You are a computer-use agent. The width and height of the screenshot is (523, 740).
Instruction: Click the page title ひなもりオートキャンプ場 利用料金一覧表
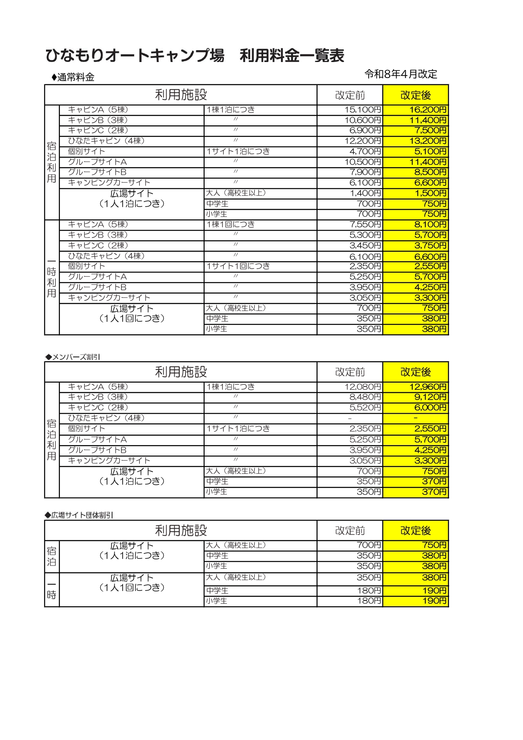click(195, 56)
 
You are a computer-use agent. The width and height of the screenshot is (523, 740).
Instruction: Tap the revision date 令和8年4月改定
click(401, 74)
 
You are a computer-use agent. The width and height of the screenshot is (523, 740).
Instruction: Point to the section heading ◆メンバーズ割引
click(73, 357)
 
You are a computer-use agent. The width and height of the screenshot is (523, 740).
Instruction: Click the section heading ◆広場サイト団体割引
click(79, 515)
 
